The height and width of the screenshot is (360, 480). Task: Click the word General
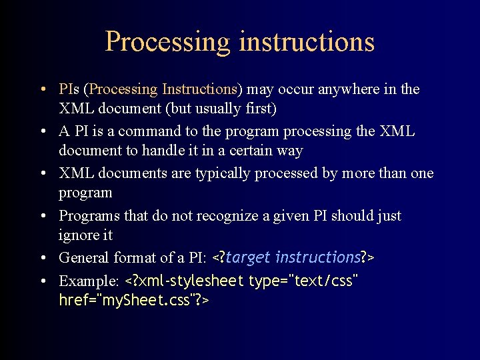point(83,257)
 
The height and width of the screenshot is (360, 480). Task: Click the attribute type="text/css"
point(303,281)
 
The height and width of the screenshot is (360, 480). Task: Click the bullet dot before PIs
point(42,89)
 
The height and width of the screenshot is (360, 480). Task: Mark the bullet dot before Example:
point(42,281)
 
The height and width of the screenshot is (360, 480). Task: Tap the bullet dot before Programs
point(42,216)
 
